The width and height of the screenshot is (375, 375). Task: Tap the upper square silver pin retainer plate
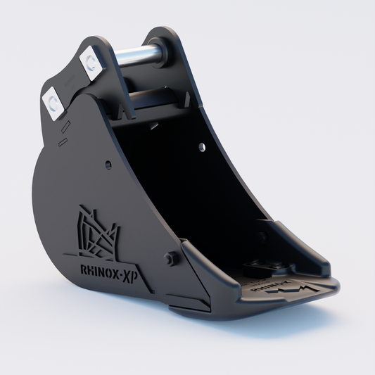click(x=91, y=61)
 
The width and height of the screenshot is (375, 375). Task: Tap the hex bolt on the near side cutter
click(x=169, y=258)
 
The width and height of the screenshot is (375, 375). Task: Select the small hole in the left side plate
click(x=108, y=165)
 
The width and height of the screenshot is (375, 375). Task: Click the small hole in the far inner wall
click(x=202, y=147)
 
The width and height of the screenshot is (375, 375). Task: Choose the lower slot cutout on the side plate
click(x=63, y=143)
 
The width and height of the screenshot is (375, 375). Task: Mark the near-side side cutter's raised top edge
click(x=197, y=257)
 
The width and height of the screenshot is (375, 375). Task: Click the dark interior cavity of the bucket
click(x=190, y=183)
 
